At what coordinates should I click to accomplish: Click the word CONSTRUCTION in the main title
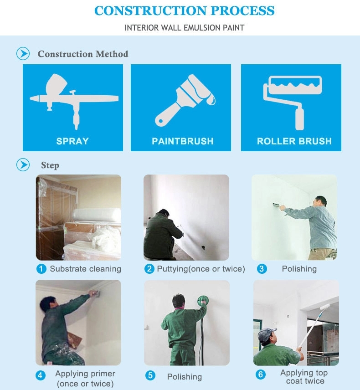150,10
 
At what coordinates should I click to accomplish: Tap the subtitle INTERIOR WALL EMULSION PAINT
185,28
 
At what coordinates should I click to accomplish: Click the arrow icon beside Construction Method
23,53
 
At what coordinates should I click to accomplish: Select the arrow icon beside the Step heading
23,164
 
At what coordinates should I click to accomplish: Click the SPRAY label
72,141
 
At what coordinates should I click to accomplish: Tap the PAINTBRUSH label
183,141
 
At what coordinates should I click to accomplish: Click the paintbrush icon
185,100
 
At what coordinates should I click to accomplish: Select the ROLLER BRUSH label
294,141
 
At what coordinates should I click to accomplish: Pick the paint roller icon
293,103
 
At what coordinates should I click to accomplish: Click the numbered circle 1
41,269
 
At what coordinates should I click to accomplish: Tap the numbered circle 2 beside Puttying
149,269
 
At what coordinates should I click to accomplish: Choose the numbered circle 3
262,269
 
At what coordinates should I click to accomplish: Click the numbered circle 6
261,375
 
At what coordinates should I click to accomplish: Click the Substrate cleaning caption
85,269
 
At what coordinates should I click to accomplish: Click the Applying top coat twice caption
304,377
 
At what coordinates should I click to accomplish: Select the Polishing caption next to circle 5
185,377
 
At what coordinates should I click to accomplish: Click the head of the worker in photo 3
320,201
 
